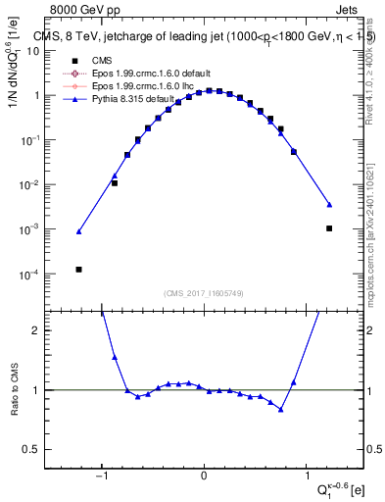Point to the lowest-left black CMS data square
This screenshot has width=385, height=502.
pyautogui.click(x=78, y=269)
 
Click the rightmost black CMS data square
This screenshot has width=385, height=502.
pyautogui.click(x=329, y=228)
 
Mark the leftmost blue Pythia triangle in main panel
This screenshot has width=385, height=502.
pyautogui.click(x=78, y=231)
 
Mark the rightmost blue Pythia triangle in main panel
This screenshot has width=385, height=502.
pyautogui.click(x=329, y=204)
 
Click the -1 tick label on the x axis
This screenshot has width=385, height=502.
pyautogui.click(x=101, y=477)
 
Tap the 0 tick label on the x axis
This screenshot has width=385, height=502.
pyautogui.click(x=204, y=477)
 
